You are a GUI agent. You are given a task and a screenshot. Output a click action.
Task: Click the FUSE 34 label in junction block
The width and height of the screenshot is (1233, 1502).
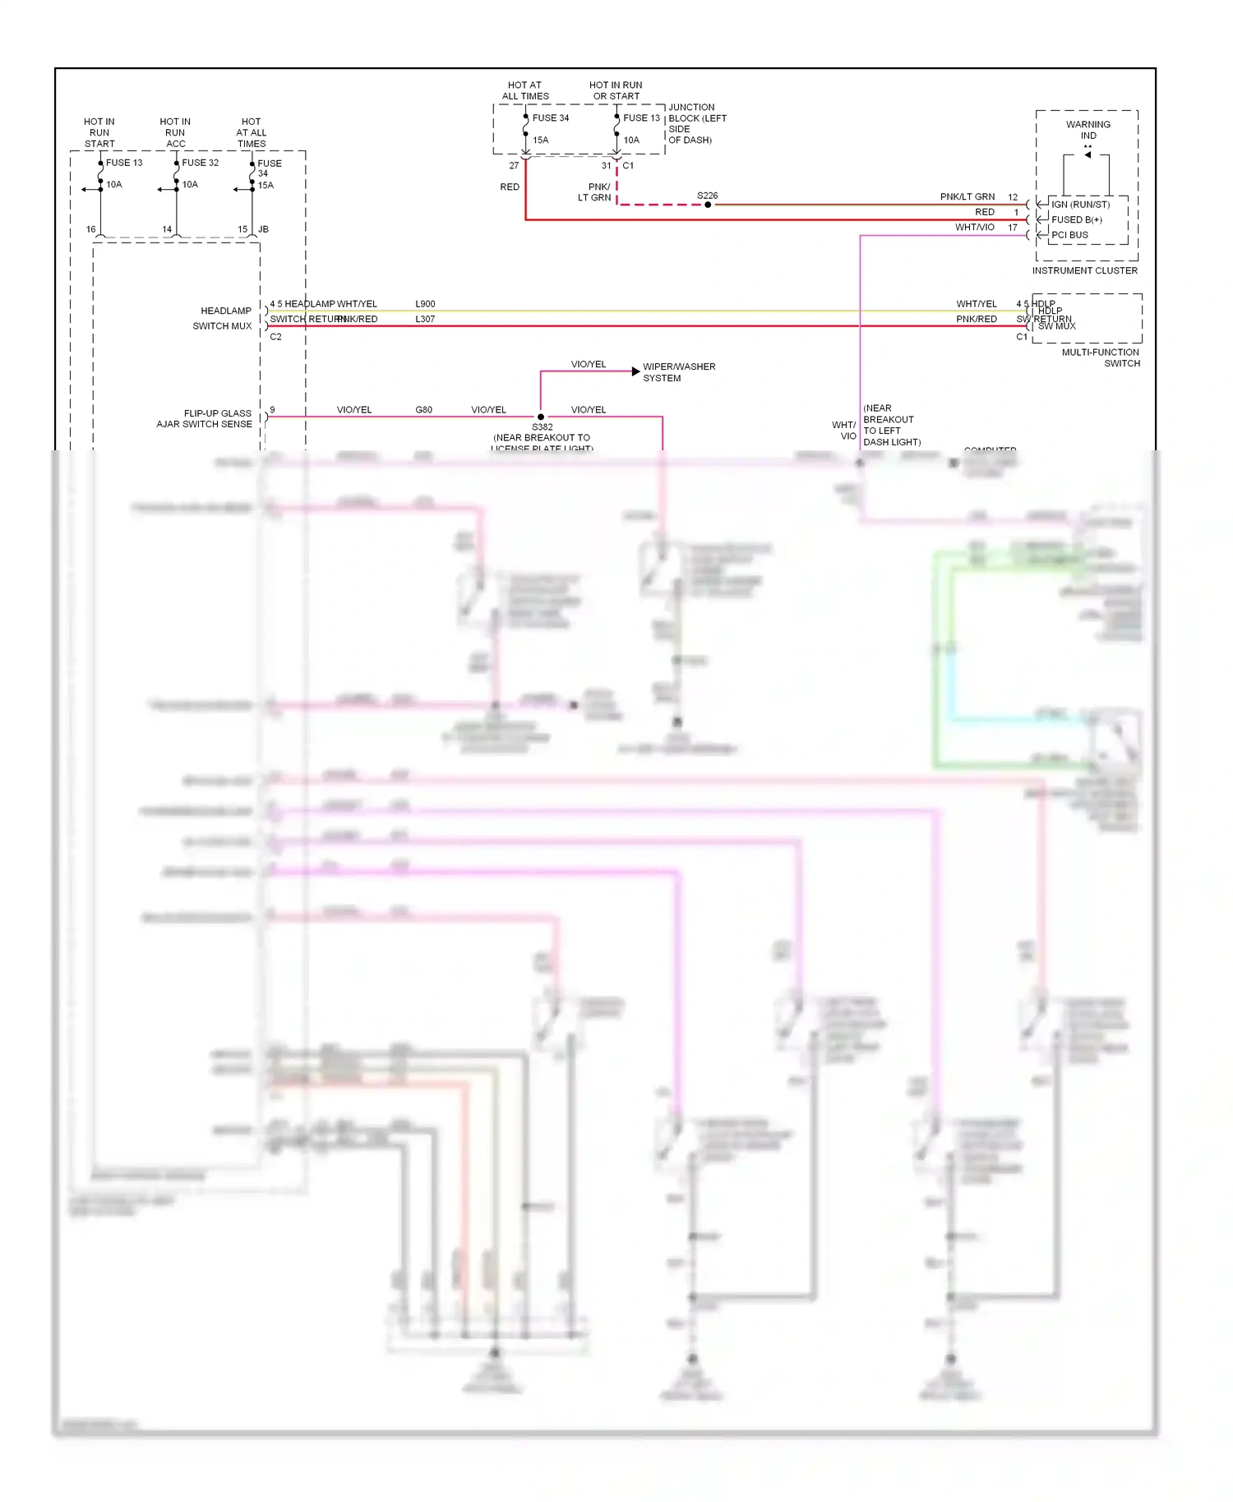pos(550,117)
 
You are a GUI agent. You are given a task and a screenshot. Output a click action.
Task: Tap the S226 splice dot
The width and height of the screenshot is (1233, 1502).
pos(707,205)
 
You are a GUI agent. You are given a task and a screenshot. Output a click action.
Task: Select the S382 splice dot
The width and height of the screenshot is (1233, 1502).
pos(540,417)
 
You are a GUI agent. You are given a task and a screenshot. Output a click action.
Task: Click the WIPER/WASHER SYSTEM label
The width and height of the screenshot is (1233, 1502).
pos(678,372)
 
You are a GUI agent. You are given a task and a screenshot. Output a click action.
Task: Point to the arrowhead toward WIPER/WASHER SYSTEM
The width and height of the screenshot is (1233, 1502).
pos(635,371)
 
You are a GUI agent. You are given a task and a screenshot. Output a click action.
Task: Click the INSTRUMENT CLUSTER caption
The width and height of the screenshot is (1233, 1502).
pos(1084,270)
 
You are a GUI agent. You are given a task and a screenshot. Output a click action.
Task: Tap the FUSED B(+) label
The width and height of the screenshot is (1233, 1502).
pos(1076,219)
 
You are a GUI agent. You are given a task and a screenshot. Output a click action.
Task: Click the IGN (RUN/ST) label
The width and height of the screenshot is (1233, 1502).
pos(1079,205)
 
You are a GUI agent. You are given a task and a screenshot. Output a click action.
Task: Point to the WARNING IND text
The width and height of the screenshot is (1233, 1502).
pos(1088,130)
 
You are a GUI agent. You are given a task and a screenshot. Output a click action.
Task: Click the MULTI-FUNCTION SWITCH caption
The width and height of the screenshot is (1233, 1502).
pos(1101,357)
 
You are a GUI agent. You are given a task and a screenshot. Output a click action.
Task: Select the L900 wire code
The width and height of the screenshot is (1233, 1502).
pos(425,304)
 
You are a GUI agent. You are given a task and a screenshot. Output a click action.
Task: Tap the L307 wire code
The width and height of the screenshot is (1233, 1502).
pos(425,319)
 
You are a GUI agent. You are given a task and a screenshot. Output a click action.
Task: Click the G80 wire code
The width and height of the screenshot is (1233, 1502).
pos(423,409)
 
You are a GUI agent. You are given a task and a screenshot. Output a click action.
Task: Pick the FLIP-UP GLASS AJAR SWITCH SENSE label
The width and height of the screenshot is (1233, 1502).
pos(205,418)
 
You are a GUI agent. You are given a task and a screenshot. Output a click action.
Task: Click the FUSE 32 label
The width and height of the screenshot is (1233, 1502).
pos(200,163)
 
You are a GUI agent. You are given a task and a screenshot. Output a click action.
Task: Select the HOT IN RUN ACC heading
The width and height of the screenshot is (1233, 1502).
pos(175,132)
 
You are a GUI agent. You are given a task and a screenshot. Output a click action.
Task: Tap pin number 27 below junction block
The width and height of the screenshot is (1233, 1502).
pos(514,165)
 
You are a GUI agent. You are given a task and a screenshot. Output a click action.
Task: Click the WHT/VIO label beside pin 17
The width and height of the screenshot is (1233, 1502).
pos(974,228)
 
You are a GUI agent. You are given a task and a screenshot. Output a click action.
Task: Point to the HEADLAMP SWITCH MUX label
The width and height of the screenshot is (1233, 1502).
pos(222,318)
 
